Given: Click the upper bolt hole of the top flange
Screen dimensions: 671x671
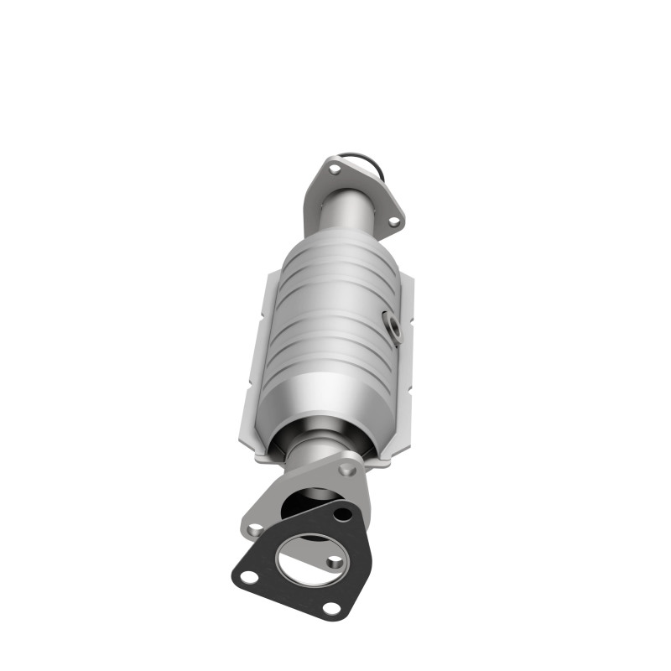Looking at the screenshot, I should [x=334, y=169].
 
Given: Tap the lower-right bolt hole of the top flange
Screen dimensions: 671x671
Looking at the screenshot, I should [x=392, y=221].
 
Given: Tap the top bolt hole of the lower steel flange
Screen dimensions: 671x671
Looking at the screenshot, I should [x=348, y=471].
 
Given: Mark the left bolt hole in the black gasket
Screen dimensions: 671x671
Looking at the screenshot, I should [x=248, y=577].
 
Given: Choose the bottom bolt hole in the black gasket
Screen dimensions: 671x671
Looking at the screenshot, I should [x=330, y=608].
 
